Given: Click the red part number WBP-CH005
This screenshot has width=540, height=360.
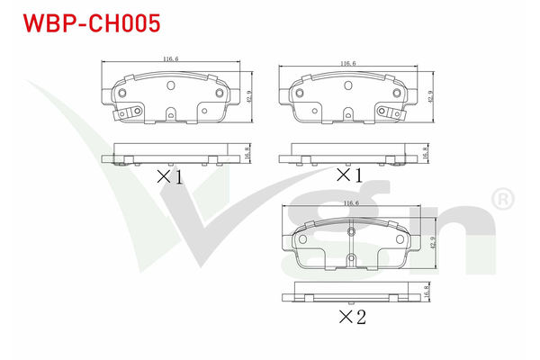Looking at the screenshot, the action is [x=92, y=23].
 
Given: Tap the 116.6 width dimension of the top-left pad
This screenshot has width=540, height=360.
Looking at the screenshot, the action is [x=171, y=58].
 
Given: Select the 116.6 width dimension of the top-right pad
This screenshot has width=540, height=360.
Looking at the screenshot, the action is [x=348, y=63].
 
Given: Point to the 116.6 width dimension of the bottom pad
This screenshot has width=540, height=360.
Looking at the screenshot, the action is [x=351, y=202].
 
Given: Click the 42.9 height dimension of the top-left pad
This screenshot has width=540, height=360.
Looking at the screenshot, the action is [x=249, y=96].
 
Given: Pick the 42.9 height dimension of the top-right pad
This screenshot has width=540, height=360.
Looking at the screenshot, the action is [x=430, y=97].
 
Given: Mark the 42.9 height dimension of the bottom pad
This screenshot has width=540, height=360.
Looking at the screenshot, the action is [x=433, y=242].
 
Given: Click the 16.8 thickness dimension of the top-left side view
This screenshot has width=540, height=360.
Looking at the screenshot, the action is [x=247, y=153].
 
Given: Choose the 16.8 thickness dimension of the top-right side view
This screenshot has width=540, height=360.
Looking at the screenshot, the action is [x=425, y=153].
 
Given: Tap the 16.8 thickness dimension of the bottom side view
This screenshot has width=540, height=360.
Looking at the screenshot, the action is [x=427, y=292].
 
